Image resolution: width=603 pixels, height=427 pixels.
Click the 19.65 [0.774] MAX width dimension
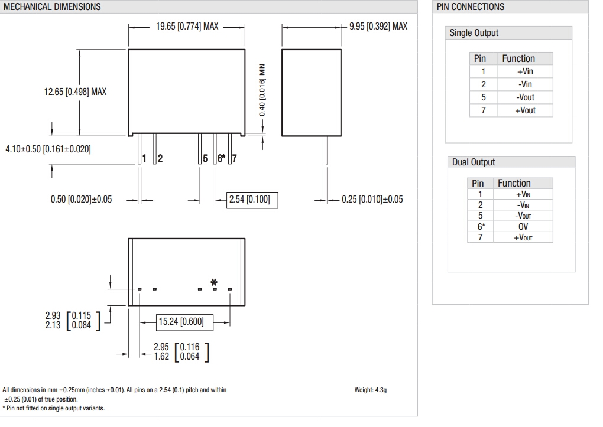click(187, 27)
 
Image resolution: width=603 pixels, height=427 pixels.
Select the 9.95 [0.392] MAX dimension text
click(378, 27)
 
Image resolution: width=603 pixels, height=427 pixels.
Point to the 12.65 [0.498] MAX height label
click(76, 92)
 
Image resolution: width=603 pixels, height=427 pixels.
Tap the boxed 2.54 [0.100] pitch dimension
click(252, 200)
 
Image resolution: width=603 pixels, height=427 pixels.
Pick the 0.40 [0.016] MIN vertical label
click(262, 90)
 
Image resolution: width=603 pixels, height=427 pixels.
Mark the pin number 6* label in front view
click(221, 158)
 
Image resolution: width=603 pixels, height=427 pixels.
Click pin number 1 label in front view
click(144, 158)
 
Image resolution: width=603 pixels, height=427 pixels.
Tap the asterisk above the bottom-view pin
click(215, 282)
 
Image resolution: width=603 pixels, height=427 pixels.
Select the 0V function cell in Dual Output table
click(523, 227)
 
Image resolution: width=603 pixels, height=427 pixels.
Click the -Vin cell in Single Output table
click(525, 84)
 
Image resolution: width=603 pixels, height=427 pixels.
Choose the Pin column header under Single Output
click(480, 58)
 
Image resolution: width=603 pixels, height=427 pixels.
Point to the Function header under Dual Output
click(514, 183)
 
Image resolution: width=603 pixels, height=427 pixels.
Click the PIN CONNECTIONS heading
click(471, 7)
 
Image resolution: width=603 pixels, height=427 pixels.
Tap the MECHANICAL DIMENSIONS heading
click(52, 7)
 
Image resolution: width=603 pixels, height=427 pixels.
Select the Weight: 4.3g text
click(371, 390)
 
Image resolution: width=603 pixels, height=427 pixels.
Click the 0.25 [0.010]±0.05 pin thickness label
click(372, 200)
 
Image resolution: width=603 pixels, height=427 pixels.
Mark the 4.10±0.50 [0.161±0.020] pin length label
click(48, 149)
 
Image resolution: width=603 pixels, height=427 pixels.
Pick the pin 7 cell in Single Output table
click(483, 110)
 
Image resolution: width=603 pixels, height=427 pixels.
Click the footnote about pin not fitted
click(53, 408)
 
